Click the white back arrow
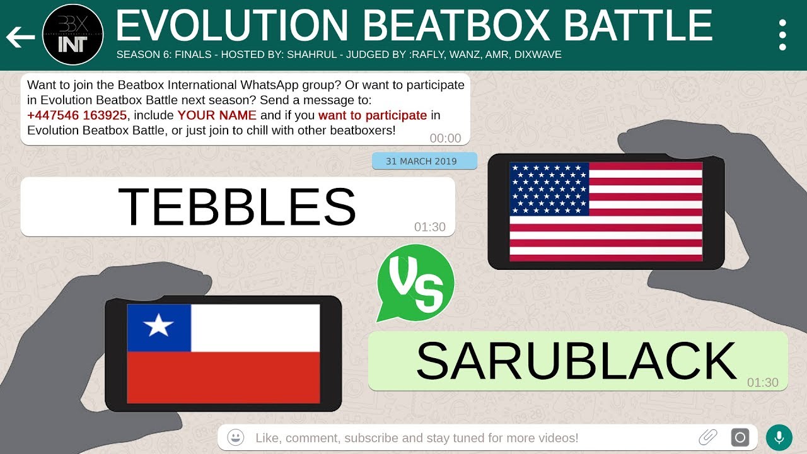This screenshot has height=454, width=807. pyautogui.click(x=20, y=37)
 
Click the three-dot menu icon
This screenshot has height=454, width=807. pyautogui.click(x=782, y=35)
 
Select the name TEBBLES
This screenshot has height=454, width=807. pyautogui.click(x=237, y=206)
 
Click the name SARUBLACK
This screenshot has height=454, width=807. pyautogui.click(x=576, y=361)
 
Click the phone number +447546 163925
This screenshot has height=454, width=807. pyautogui.click(x=76, y=115)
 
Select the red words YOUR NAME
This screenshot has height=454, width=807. pyautogui.click(x=217, y=115)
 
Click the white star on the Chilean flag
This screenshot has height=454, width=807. pyautogui.click(x=158, y=327)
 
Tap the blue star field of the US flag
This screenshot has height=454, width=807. pyautogui.click(x=549, y=189)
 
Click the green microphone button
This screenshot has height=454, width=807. pyautogui.click(x=779, y=437)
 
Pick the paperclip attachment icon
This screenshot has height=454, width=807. pyautogui.click(x=708, y=437)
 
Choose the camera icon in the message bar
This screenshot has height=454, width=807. pyautogui.click(x=740, y=437)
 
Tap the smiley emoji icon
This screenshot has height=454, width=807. pyautogui.click(x=236, y=437)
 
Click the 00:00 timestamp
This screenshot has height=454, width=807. pyautogui.click(x=445, y=138)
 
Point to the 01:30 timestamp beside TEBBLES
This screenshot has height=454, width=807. pyautogui.click(x=430, y=227)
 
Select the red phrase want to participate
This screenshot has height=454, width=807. pyautogui.click(x=373, y=115)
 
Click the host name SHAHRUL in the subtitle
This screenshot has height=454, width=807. pyautogui.click(x=313, y=55)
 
